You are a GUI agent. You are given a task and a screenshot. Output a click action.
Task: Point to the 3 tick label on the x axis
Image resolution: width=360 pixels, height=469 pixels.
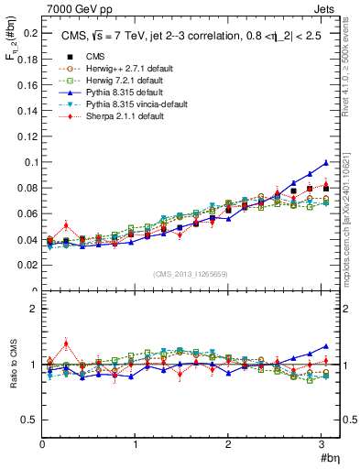pyautogui.click(x=322, y=442)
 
